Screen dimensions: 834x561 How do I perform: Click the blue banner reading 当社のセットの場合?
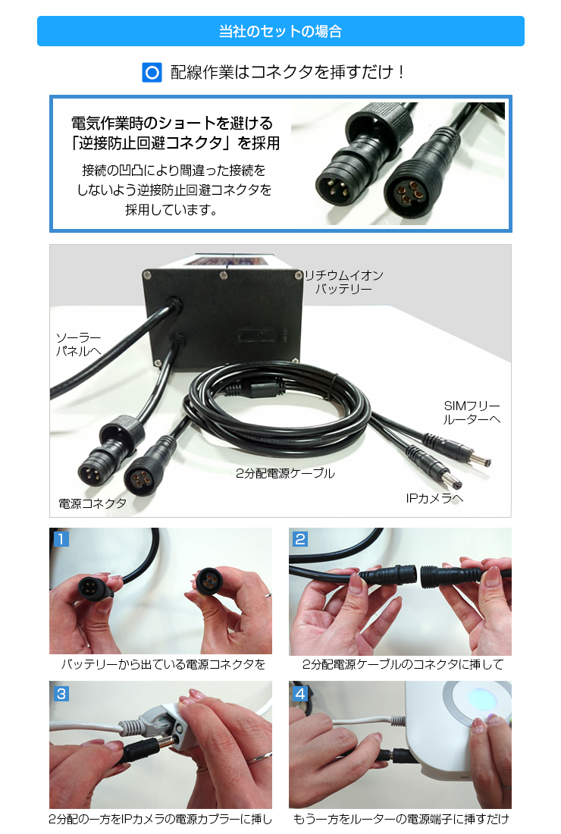click(280, 31)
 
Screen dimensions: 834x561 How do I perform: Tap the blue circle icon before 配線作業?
click(152, 73)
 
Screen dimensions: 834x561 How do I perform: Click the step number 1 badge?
click(61, 539)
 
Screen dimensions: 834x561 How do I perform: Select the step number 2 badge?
click(300, 539)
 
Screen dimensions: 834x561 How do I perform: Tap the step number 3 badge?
click(61, 692)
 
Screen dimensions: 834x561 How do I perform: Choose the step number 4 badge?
click(300, 692)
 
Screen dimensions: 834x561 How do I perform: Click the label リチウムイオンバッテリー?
click(343, 282)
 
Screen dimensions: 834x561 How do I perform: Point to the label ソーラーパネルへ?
click(78, 343)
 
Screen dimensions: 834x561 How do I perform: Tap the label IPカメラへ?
click(434, 498)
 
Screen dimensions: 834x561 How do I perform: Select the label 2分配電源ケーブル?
click(284, 473)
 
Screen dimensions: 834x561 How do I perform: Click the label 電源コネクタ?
click(92, 503)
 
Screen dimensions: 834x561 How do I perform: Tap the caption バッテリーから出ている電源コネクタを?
click(163, 665)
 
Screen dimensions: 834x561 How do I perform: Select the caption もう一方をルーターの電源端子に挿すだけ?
click(400, 819)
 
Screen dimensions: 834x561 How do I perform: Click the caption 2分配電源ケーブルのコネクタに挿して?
click(402, 665)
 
